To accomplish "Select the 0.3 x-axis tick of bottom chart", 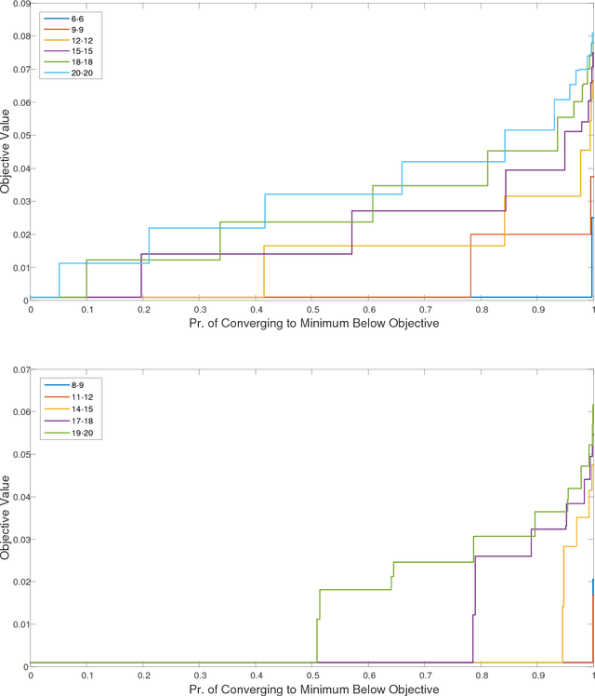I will (199, 676).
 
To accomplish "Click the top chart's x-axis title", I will (312, 323).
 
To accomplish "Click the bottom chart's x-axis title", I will (312, 689).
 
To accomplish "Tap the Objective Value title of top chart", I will (7, 151).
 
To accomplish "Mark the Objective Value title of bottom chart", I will (7, 517).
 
